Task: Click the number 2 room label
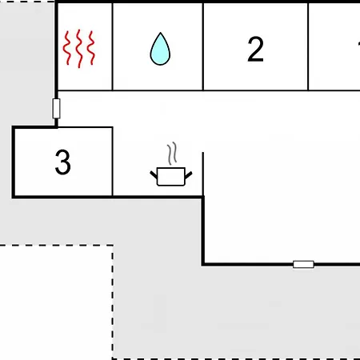pos(255,50)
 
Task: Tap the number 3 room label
pos(63,162)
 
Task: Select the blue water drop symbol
pos(160,49)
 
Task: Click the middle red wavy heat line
pos(79,49)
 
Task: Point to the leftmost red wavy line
pos(66,48)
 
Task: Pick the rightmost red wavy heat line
pos(91,48)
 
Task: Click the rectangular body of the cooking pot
pos(171,177)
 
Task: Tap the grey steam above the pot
pos(172,154)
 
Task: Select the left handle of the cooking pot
pos(154,175)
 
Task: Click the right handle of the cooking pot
pos(189,175)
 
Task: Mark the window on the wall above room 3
pos(56,109)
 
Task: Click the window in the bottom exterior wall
pos(303,264)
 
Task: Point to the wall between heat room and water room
pos(113,46)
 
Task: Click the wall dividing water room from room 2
pos(203,46)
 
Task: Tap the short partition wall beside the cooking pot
pos(203,174)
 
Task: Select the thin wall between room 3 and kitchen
pos(113,162)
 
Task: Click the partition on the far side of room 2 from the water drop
pos(308,46)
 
